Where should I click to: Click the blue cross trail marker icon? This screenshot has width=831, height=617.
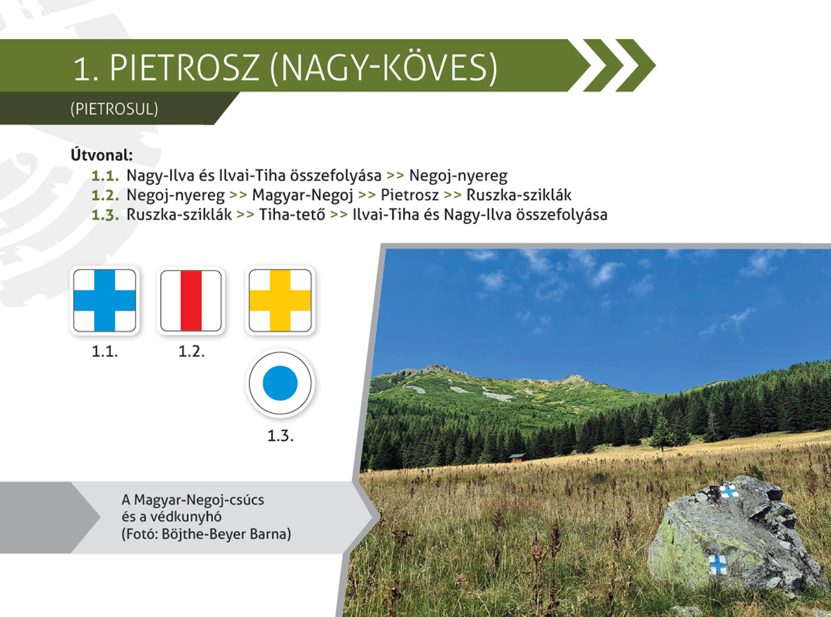pos(105,301)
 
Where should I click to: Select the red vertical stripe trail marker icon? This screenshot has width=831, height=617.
pos(191,301)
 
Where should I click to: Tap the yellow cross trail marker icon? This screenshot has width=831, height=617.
pos(280,301)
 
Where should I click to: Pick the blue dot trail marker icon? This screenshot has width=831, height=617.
pos(280,383)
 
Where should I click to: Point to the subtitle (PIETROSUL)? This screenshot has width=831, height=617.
pos(114,109)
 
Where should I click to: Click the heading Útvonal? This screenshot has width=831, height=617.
pos(101,155)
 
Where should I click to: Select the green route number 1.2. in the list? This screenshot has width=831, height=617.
pos(105,195)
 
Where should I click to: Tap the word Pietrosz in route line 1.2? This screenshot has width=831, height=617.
pos(410,195)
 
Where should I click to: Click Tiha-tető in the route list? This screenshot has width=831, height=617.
pos(292,215)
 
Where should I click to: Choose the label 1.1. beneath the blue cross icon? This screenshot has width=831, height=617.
pos(105,351)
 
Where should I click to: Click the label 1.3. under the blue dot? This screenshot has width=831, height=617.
pos(280,436)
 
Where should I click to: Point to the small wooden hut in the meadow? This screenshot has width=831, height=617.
pos(518,458)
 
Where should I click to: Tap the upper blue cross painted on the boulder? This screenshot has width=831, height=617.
pos(728,490)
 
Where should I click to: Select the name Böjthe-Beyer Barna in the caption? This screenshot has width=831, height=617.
pos(226,534)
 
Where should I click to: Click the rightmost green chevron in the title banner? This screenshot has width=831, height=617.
pos(636,65)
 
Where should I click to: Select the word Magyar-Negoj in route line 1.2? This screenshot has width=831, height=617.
pos(303,195)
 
